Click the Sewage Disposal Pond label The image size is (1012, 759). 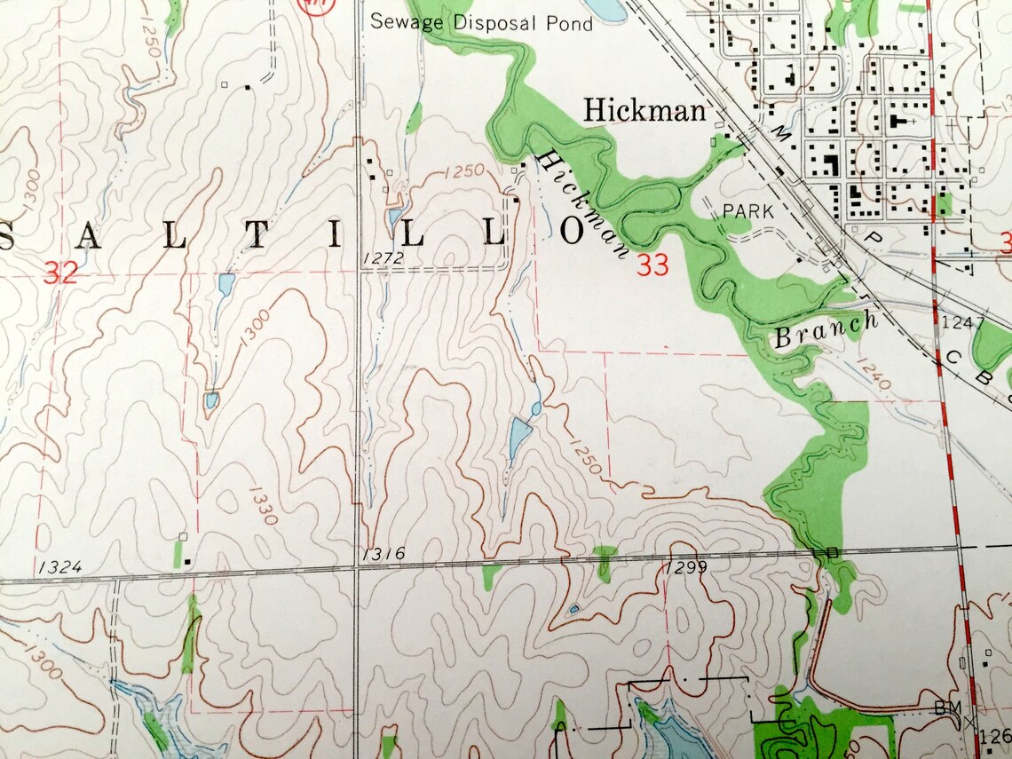pyautogui.click(x=481, y=22)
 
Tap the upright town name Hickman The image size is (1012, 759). pyautogui.click(x=644, y=111)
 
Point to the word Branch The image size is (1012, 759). pyautogui.click(x=826, y=329)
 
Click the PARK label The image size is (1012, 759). pyautogui.click(x=749, y=212)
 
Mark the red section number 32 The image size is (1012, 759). pyautogui.click(x=60, y=274)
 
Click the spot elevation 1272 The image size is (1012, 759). pyautogui.click(x=383, y=258)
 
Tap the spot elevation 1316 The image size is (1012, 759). pyautogui.click(x=384, y=554)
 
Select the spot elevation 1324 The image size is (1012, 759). pyautogui.click(x=60, y=566)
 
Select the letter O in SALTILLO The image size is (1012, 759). pyautogui.click(x=573, y=231)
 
